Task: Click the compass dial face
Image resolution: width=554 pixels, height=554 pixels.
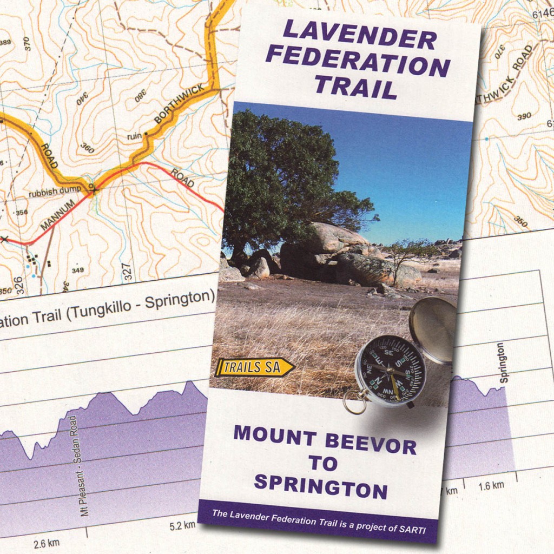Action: [391, 371]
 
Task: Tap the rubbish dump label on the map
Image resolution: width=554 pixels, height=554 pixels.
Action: [55, 192]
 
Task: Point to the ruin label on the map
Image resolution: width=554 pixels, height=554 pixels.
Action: [134, 136]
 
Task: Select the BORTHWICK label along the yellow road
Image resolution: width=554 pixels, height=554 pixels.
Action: [179, 103]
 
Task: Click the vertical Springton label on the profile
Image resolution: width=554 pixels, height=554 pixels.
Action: [503, 362]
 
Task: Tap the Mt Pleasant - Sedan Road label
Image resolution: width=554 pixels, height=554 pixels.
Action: [78, 465]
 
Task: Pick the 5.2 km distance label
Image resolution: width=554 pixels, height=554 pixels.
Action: [182, 525]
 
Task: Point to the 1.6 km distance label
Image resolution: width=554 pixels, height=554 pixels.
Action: [491, 486]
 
